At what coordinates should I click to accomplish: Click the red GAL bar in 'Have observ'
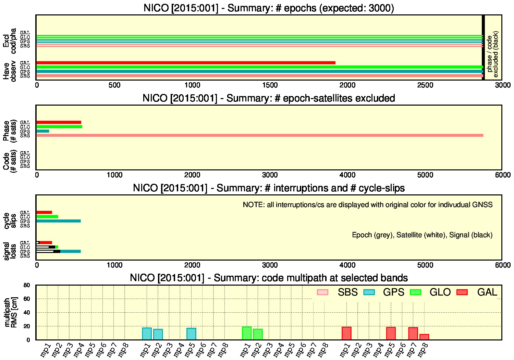click(x=186, y=63)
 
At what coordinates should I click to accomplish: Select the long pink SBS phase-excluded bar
click(x=260, y=135)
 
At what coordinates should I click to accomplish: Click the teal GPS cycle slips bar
click(x=59, y=221)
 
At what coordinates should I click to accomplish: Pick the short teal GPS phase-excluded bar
click(x=43, y=131)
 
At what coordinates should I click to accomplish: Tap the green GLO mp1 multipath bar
click(x=247, y=333)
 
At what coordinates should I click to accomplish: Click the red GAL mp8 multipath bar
click(x=424, y=337)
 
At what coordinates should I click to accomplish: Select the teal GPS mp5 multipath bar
click(x=191, y=334)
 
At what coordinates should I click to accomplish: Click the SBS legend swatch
click(x=322, y=292)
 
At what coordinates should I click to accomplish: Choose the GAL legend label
click(x=487, y=292)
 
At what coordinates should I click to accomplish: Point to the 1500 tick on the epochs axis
click(x=270, y=85)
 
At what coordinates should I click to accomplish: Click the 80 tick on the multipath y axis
click(x=27, y=285)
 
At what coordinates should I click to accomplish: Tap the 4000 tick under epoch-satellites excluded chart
click(x=347, y=175)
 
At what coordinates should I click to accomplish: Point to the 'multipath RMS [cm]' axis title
click(x=11, y=312)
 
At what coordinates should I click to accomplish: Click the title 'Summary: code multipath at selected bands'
click(x=311, y=278)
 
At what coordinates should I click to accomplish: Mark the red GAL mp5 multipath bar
click(x=391, y=333)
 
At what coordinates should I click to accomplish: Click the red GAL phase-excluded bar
click(x=59, y=122)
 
